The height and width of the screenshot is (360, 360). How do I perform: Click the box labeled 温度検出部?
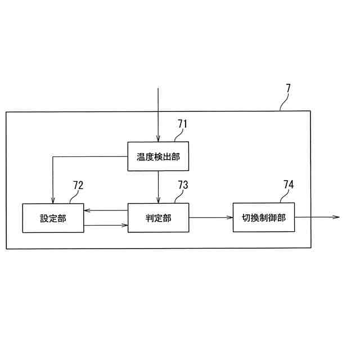coord(158,156)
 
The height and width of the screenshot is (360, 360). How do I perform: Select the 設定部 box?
coord(53,218)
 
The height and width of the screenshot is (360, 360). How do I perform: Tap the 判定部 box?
coord(158,218)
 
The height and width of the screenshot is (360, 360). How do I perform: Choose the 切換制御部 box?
coord(264,217)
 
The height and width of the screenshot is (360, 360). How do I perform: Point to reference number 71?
coord(182,124)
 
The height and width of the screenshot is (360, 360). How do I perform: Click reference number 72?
coord(78,186)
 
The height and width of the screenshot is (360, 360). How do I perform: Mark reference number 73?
coord(183,186)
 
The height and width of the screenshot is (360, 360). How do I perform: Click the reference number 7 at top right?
coord(288,88)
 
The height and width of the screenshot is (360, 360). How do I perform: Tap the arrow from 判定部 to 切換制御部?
coord(211,217)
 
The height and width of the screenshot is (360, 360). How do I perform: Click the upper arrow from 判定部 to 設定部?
coord(106,211)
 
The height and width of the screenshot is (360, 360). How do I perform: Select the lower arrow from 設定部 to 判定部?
coord(106,226)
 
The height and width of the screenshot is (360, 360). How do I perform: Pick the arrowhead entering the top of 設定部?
coord(52,200)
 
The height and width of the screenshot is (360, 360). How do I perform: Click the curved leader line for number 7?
coord(284,103)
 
